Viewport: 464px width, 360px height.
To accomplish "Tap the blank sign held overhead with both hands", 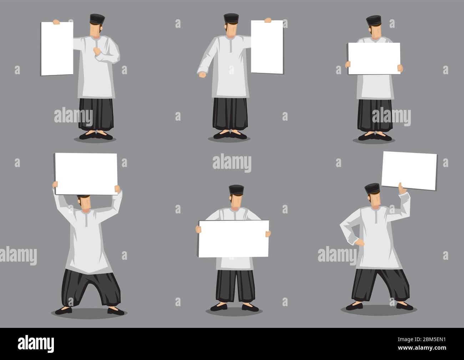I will pyautogui.click(x=86, y=174).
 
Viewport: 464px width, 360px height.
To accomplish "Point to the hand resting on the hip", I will pyautogui.click(x=360, y=243).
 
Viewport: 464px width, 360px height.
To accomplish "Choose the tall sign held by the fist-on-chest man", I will pyautogui.click(x=57, y=49).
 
